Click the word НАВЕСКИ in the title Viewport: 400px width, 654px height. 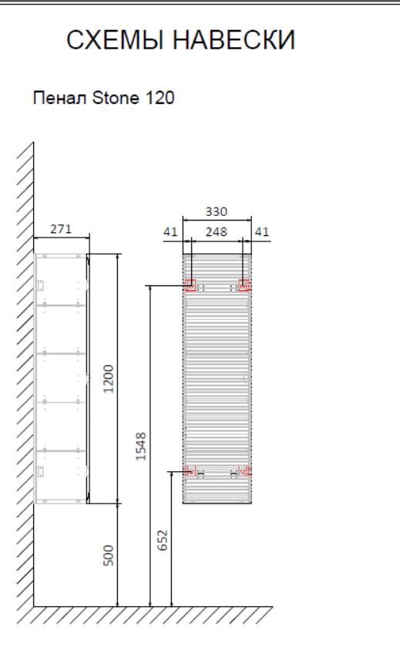(234, 40)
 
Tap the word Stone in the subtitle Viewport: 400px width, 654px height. (116, 98)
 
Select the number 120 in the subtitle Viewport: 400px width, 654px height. (160, 98)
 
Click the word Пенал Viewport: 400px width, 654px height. (60, 99)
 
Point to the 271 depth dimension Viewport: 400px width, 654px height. (61, 229)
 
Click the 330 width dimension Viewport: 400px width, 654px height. (217, 212)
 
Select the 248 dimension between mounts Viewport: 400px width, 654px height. (217, 231)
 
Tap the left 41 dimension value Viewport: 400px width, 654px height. (170, 231)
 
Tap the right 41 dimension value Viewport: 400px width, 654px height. (262, 231)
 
